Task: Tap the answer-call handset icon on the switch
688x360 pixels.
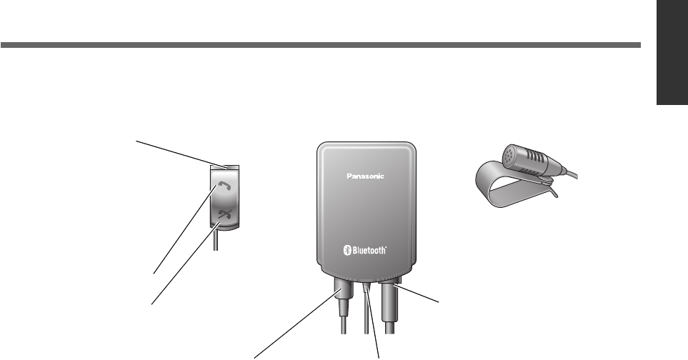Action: click(225, 186)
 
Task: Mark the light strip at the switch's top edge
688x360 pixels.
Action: click(225, 168)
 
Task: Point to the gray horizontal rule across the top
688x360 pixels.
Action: click(321, 46)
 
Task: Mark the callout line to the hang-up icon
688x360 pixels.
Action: click(182, 264)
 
